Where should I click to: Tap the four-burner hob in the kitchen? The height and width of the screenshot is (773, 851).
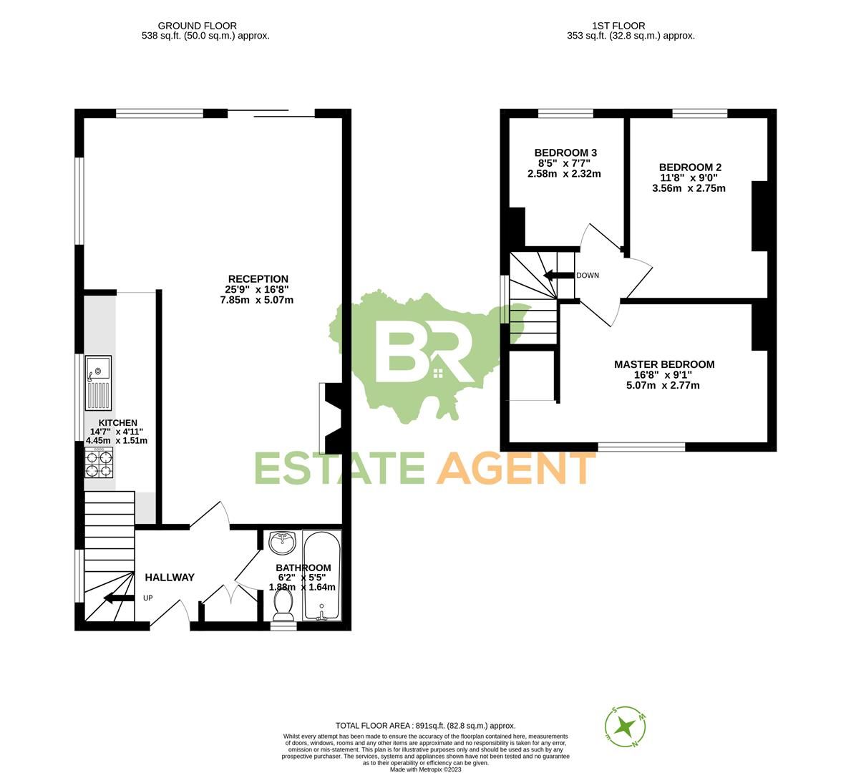click(x=99, y=465)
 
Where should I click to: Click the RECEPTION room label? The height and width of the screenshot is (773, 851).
click(x=258, y=279)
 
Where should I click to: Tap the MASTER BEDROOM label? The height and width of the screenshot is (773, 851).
click(x=664, y=364)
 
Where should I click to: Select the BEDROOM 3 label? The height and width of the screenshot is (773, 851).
click(x=565, y=152)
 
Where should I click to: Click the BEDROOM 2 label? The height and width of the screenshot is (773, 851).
click(x=690, y=167)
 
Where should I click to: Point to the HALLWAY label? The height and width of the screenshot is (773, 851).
click(x=170, y=578)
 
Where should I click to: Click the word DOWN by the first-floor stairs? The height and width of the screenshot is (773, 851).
click(x=588, y=276)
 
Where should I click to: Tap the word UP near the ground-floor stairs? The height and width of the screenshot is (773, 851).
click(x=148, y=598)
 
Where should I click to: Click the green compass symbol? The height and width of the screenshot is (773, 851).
click(x=627, y=725)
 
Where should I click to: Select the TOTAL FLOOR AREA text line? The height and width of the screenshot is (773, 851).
click(x=425, y=726)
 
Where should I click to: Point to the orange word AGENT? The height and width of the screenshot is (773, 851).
click(x=517, y=469)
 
